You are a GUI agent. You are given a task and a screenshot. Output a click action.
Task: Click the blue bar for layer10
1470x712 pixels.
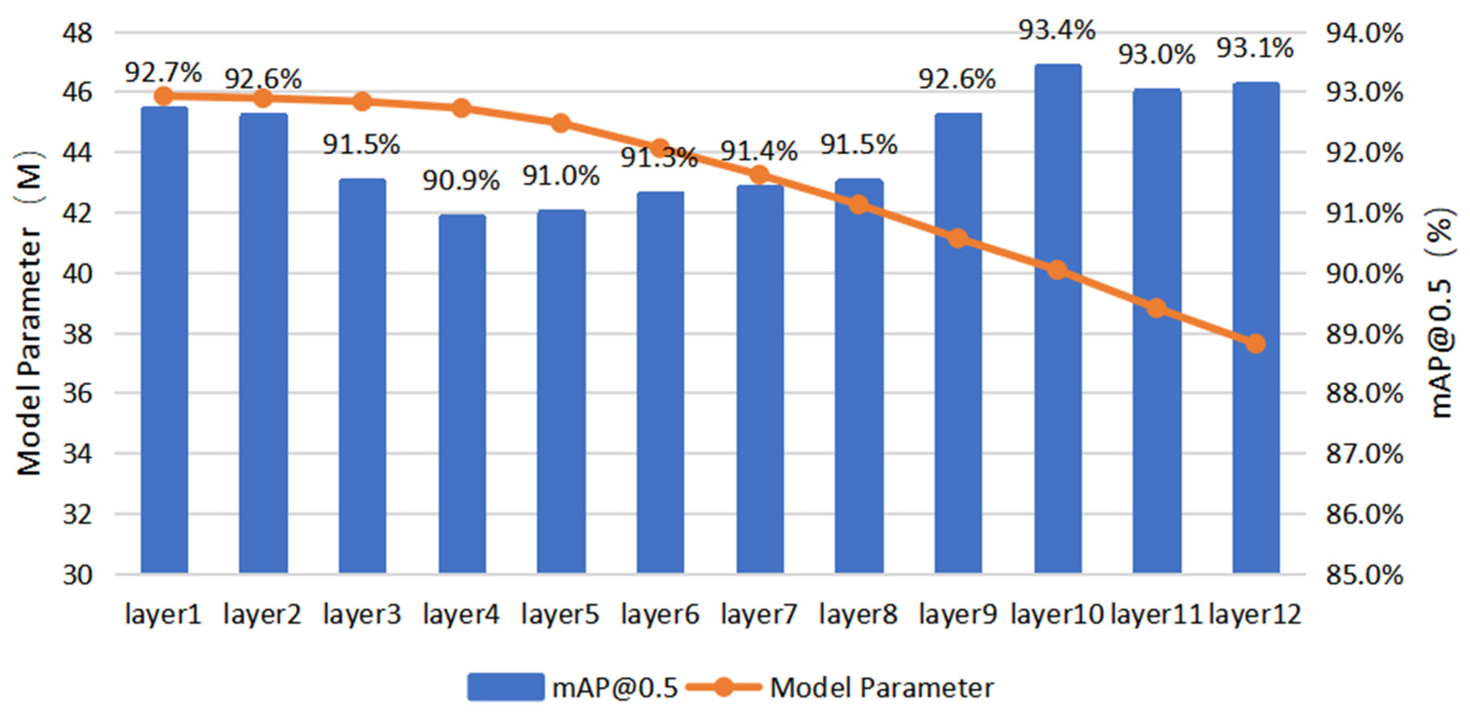click(1057, 320)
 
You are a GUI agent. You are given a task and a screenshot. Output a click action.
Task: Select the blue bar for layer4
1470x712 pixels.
click(462, 394)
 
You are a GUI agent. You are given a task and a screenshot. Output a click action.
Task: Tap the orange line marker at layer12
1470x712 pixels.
click(1255, 344)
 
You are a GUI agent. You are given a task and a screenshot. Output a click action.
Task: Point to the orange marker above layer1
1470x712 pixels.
click(164, 96)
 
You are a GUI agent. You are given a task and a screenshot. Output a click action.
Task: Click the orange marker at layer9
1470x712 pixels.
click(958, 238)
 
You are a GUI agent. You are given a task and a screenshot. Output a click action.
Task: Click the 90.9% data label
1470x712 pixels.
click(461, 181)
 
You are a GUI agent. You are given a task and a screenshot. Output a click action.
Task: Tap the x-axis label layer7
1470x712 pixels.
click(759, 615)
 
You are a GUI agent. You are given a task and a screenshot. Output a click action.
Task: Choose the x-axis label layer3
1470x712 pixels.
click(362, 615)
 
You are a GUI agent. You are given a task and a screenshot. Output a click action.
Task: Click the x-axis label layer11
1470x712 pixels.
click(1156, 615)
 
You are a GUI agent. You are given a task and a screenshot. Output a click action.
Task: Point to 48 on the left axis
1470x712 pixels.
click(77, 33)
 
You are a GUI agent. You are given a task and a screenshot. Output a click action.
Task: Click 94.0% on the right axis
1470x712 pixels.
click(1364, 33)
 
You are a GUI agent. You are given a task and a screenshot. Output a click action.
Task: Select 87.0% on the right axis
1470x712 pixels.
click(1364, 455)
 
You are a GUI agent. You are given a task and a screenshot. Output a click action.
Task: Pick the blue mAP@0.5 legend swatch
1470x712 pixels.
click(505, 687)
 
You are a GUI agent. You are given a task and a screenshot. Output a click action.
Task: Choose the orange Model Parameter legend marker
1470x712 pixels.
click(724, 687)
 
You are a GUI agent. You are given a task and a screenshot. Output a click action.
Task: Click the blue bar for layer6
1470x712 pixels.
click(660, 383)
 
